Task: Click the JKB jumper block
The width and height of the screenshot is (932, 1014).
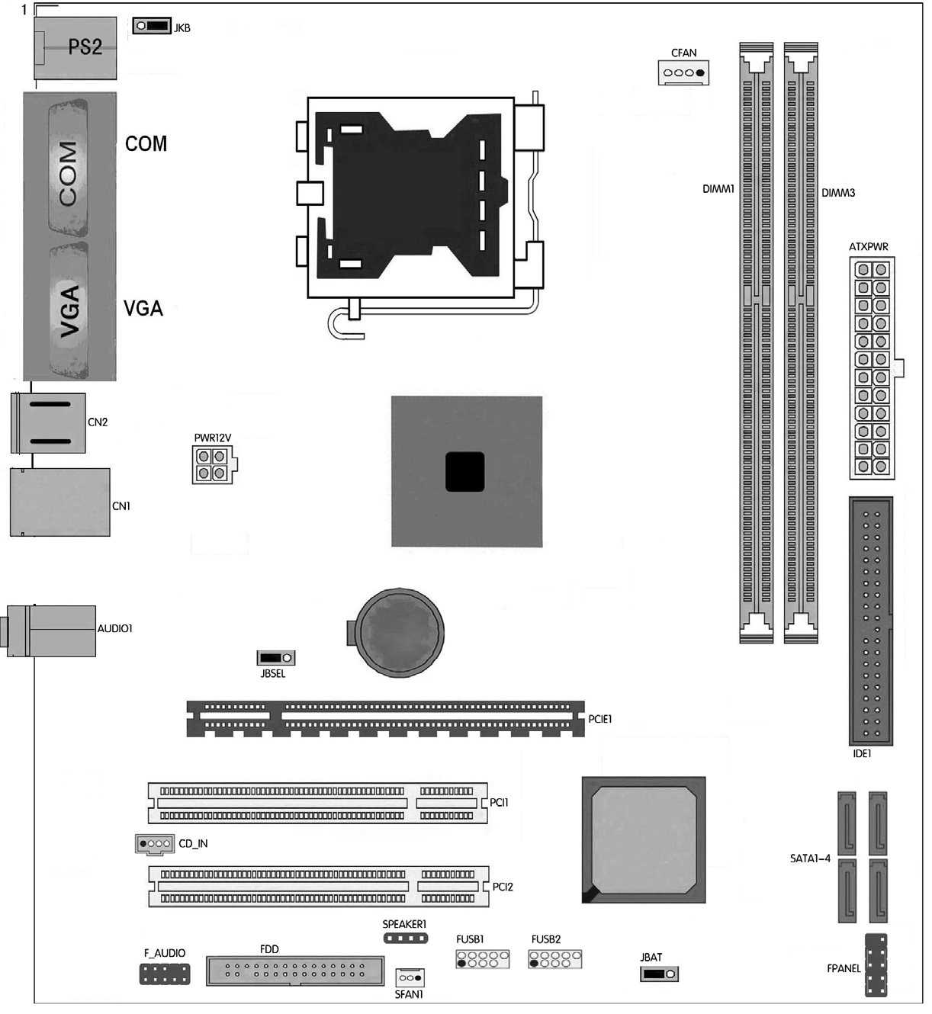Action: (152, 26)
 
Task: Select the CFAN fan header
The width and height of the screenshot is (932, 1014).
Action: (683, 72)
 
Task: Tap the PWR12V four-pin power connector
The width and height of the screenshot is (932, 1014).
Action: (214, 465)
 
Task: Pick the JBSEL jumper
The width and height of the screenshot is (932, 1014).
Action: (275, 658)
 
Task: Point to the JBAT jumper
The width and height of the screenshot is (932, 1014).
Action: (659, 974)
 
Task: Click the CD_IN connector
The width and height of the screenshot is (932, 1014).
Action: (155, 844)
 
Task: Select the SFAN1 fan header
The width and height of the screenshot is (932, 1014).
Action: (410, 978)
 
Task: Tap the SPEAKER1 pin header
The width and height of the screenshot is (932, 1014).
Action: (406, 939)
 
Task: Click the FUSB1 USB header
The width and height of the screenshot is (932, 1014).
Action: (483, 959)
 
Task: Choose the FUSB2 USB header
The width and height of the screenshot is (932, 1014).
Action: (554, 959)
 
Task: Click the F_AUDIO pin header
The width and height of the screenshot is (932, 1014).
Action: (165, 974)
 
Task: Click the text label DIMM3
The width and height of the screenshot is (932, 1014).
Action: (838, 193)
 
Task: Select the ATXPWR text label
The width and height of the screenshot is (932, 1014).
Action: (868, 247)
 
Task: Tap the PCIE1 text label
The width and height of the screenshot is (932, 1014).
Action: (599, 719)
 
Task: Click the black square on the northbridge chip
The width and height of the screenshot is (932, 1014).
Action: (464, 472)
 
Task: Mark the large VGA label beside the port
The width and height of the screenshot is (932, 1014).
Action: (143, 308)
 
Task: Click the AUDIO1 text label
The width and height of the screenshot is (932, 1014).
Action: (115, 628)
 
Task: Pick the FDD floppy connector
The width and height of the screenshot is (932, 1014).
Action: (295, 971)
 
